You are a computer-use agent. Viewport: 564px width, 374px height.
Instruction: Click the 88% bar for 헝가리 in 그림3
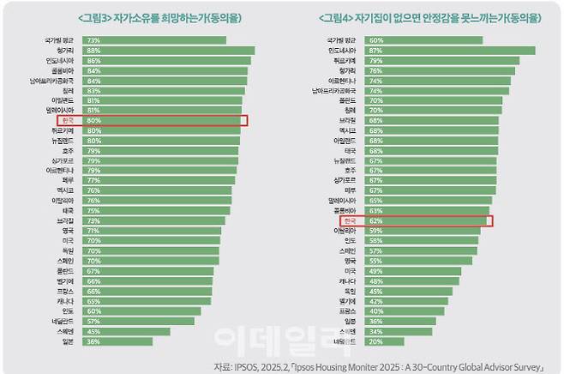point(167,51)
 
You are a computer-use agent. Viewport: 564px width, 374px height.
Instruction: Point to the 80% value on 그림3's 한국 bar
point(93,121)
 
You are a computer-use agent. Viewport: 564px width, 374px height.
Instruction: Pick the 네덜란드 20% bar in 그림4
point(382,341)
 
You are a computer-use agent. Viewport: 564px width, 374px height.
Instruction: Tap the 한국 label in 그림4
point(350,220)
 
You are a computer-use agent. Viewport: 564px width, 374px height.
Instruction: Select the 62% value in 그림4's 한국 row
point(375,220)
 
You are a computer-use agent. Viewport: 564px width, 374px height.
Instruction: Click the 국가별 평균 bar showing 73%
point(154,39)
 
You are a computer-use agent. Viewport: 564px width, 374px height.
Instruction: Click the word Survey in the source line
point(524,365)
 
